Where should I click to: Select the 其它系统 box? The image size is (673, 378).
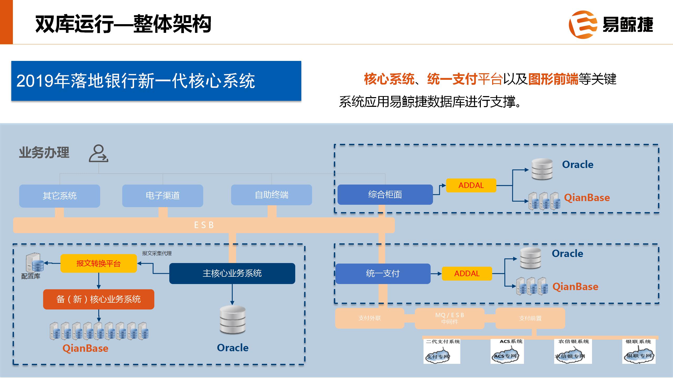[x=60, y=196]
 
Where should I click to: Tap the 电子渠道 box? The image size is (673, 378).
[x=162, y=196]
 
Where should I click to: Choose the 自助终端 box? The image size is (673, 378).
[x=271, y=195]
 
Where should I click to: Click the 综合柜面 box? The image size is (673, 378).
[x=385, y=195]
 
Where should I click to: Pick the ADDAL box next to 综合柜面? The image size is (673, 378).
[x=471, y=185]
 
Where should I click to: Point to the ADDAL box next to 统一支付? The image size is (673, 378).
[x=467, y=274]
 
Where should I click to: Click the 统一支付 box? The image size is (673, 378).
[x=383, y=274]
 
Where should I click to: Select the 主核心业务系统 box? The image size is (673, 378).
[x=232, y=273]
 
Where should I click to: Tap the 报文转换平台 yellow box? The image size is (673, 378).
[x=99, y=263]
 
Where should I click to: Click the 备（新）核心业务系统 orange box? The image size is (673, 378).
[x=99, y=299]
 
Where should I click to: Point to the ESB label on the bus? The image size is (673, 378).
[x=204, y=225]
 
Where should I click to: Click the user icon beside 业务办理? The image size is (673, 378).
[x=98, y=153]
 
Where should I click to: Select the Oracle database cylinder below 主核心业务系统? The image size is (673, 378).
[x=232, y=320]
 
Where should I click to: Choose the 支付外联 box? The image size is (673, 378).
[x=369, y=318]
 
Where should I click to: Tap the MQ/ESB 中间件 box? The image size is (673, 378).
[x=450, y=318]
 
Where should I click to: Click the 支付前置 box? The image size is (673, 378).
[x=530, y=318]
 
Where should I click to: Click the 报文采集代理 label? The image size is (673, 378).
[x=157, y=253]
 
